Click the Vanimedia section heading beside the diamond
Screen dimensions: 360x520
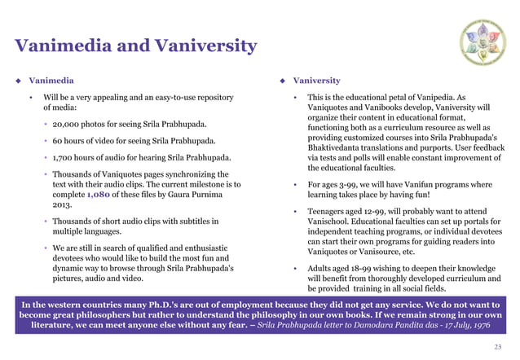[51, 81]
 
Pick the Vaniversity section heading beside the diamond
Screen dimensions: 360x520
[317, 81]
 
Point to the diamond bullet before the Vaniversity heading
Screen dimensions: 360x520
[281, 81]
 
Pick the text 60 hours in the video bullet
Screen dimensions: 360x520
[70, 141]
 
